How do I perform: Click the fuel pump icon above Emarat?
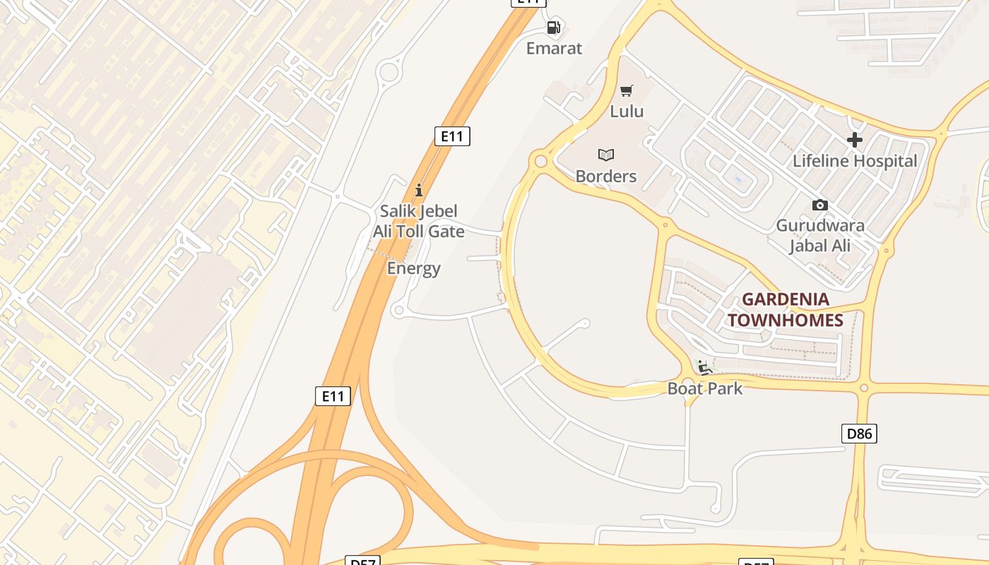(554, 28)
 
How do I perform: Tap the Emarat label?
(555, 48)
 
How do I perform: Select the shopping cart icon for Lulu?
(627, 90)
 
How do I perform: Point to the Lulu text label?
(627, 111)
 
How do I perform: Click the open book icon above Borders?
(606, 155)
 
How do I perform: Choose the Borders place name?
(606, 176)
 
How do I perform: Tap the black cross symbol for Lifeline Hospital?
(855, 140)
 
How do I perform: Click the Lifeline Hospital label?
(855, 161)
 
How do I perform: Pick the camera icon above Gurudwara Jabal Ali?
(820, 205)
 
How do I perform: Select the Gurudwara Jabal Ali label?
(820, 236)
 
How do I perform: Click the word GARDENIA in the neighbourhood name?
(785, 299)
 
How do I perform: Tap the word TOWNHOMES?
(786, 321)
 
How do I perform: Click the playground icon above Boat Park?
(704, 367)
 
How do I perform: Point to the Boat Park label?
(705, 388)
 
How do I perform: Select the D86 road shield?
(859, 434)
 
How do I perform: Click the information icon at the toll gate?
(419, 190)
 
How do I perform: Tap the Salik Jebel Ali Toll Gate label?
(419, 221)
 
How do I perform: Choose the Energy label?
(414, 268)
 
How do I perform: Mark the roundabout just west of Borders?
(541, 162)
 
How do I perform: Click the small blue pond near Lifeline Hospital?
(738, 179)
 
